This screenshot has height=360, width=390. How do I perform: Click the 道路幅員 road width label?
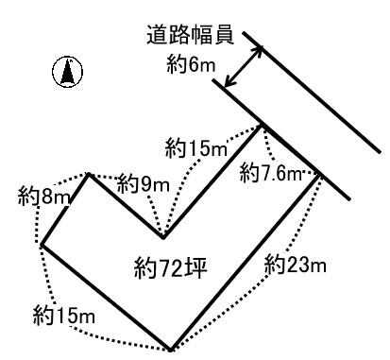190,35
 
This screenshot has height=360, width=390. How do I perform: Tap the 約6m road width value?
191,64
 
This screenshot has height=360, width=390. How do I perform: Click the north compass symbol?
67,72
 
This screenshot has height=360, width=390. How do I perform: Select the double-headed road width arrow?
244,66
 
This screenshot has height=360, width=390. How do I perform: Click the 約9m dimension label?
144,184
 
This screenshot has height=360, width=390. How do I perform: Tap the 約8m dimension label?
43,197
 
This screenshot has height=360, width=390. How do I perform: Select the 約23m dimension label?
296,264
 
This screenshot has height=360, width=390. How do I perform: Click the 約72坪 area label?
170,268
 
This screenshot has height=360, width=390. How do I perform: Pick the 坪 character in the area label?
197,268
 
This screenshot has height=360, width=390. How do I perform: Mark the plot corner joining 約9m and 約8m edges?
89,174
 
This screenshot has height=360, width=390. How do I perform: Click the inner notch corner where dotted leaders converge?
163,237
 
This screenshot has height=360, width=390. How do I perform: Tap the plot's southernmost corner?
170,350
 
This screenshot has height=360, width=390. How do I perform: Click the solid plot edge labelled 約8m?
65,209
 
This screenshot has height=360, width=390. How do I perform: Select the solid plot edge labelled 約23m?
245,262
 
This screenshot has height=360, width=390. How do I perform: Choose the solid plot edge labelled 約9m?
126,205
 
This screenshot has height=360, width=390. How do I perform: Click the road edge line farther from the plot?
312,92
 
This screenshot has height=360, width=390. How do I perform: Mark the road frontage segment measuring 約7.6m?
290,150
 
